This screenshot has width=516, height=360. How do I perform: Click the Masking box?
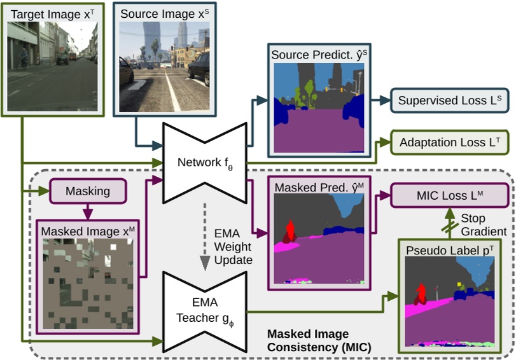tap(78, 191)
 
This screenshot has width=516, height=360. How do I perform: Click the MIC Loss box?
tap(450, 195)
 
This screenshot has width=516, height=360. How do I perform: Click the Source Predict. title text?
tap(319, 55)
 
